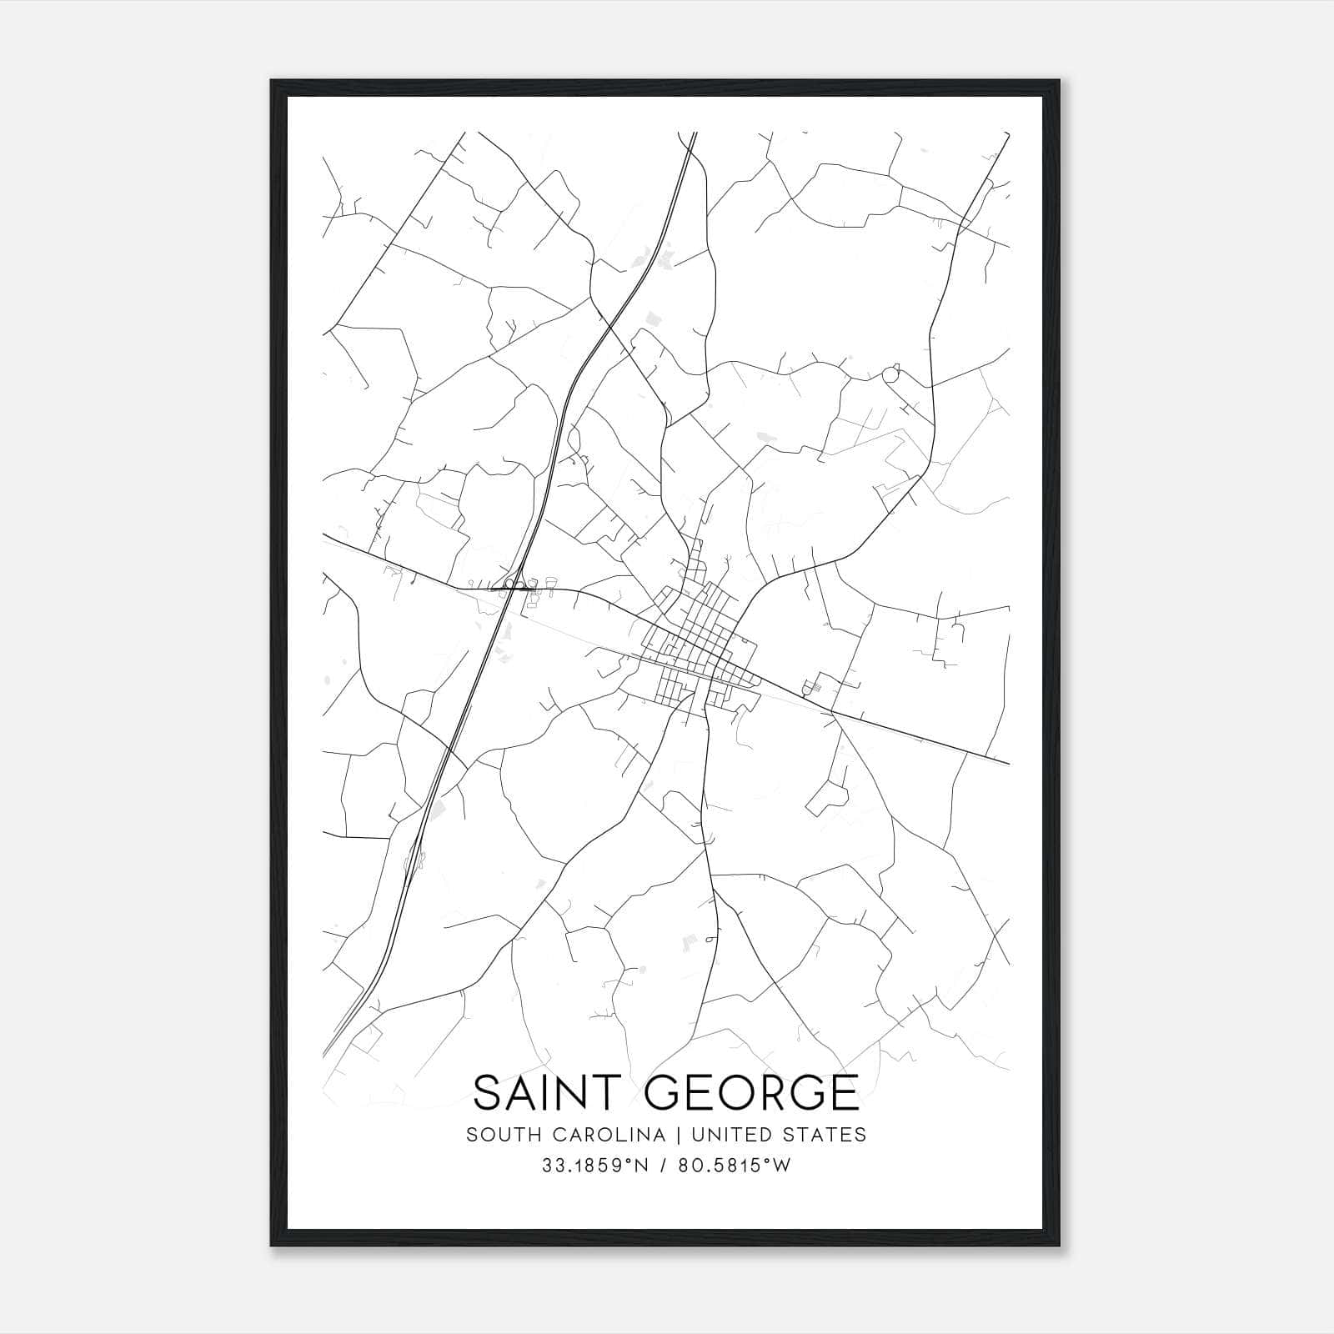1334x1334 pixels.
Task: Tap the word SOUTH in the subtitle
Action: (496, 1135)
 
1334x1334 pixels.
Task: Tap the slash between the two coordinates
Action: (664, 1166)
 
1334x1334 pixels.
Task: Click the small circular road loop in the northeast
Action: (891, 374)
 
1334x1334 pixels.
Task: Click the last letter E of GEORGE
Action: (845, 1092)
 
